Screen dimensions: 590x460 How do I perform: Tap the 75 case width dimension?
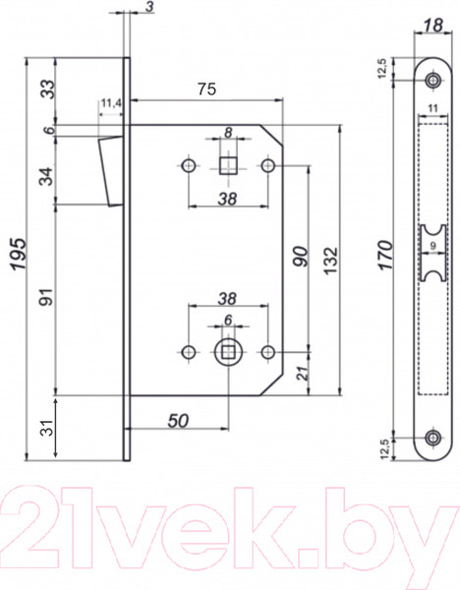pos(205,88)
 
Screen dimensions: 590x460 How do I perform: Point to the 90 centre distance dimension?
pos(301,259)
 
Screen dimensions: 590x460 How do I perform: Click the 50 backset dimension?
pos(178,420)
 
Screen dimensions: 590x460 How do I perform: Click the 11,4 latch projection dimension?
pos(110,102)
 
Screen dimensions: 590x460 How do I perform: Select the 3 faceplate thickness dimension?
pos(146,8)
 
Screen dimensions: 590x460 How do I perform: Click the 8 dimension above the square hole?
pos(227,132)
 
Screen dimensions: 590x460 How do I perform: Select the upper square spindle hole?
pos(227,165)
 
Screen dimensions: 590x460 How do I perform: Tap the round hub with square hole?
pos(227,349)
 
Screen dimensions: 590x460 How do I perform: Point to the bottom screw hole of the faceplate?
pos(432,438)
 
